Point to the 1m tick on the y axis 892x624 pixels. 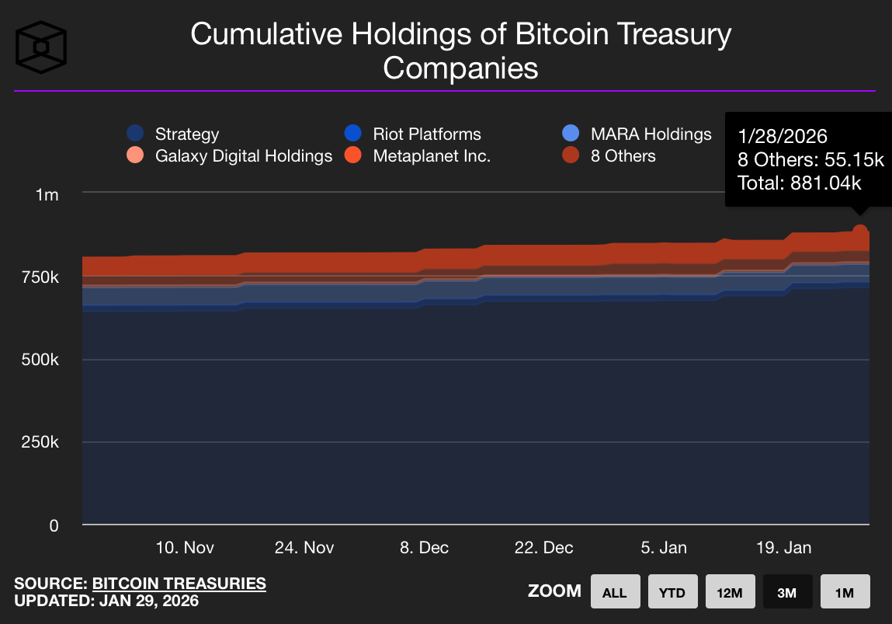tap(47, 194)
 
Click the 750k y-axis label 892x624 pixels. tap(42, 277)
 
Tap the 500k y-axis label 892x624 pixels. tap(42, 361)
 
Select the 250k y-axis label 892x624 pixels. tap(42, 443)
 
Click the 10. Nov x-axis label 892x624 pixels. tap(185, 548)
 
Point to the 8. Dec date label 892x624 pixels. tap(425, 548)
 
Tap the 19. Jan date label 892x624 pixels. tap(783, 548)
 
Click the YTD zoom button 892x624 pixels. tap(672, 592)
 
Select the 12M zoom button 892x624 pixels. tap(730, 592)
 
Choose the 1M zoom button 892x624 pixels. tap(845, 592)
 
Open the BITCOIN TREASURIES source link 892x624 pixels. tap(179, 584)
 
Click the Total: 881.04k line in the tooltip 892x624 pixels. tap(800, 183)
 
